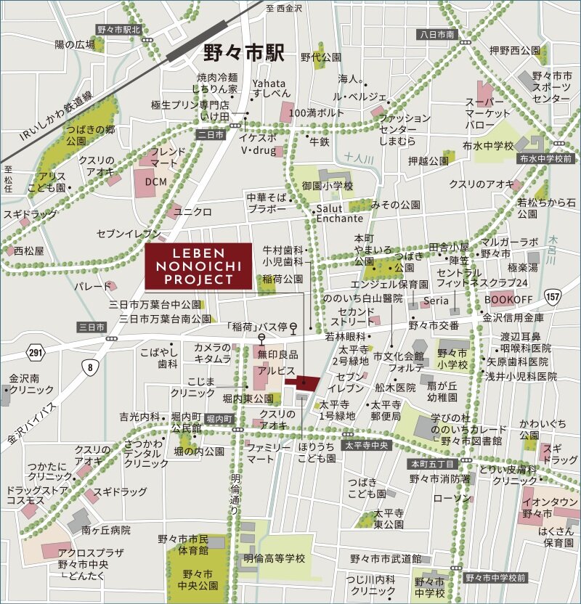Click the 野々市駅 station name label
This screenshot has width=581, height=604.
(x=245, y=53)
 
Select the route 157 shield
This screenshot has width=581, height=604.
(x=553, y=296)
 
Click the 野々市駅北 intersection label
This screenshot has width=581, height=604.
(x=121, y=30)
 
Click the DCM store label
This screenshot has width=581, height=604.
(x=155, y=181)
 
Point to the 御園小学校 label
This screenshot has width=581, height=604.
(x=328, y=187)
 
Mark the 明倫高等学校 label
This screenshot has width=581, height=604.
(x=275, y=558)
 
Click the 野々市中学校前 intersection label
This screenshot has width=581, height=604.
(x=497, y=578)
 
